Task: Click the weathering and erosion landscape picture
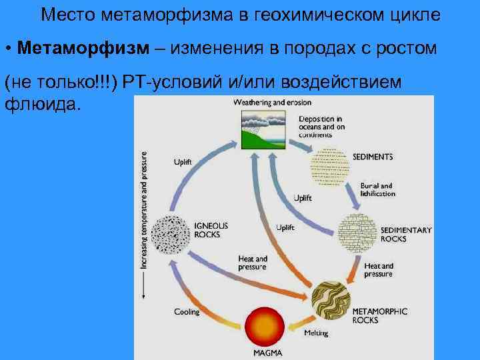click(265, 129)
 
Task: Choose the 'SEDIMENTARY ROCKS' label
click(405, 234)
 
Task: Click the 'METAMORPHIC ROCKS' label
click(379, 315)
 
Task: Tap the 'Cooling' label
click(187, 311)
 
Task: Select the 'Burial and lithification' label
click(377, 189)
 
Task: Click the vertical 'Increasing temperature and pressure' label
click(143, 209)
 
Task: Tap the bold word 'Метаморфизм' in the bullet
click(87, 49)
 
